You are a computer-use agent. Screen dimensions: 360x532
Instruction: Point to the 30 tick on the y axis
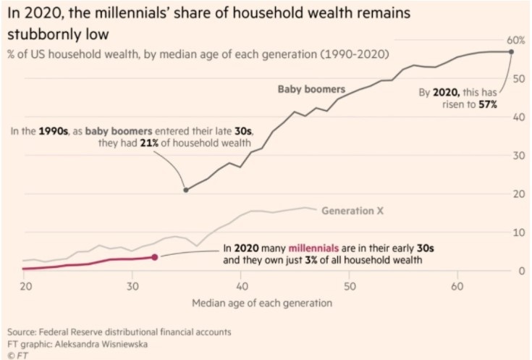click(x=518, y=155)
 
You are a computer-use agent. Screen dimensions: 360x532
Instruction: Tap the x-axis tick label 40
click(x=241, y=285)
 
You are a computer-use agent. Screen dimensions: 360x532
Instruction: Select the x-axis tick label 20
click(x=25, y=285)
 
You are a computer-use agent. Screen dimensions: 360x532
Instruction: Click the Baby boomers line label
click(x=311, y=90)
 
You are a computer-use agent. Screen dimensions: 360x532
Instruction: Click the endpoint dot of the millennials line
click(x=155, y=257)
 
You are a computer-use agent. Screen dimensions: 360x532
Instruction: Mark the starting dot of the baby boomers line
click(x=186, y=190)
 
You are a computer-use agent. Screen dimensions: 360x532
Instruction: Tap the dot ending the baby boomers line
click(x=511, y=51)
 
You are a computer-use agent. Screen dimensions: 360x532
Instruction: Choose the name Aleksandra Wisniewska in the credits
click(x=102, y=344)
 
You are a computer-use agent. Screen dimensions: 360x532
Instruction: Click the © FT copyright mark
click(x=15, y=355)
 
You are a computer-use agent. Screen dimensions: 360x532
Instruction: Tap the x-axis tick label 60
click(x=457, y=285)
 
